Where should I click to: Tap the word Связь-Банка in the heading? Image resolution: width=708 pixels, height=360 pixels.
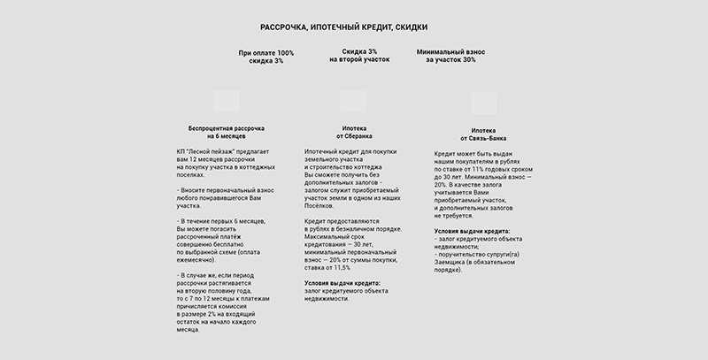[x=489, y=138]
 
